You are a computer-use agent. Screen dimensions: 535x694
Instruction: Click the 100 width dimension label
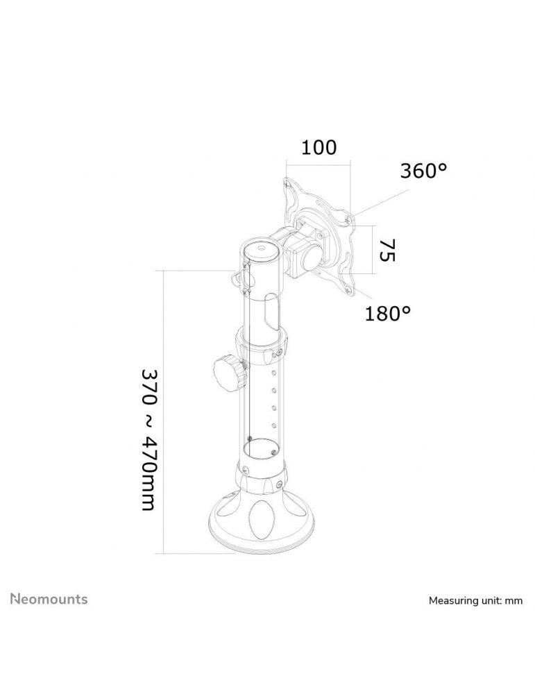point(319,147)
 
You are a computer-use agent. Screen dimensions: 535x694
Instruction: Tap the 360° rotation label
point(423,171)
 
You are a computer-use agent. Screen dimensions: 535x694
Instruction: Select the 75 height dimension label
point(387,250)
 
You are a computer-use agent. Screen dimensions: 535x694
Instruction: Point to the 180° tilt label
point(387,314)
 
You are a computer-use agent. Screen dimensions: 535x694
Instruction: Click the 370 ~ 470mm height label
point(148,439)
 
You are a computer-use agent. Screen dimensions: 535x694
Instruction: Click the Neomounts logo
point(49,599)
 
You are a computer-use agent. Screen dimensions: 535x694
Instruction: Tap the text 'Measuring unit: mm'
point(475,600)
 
